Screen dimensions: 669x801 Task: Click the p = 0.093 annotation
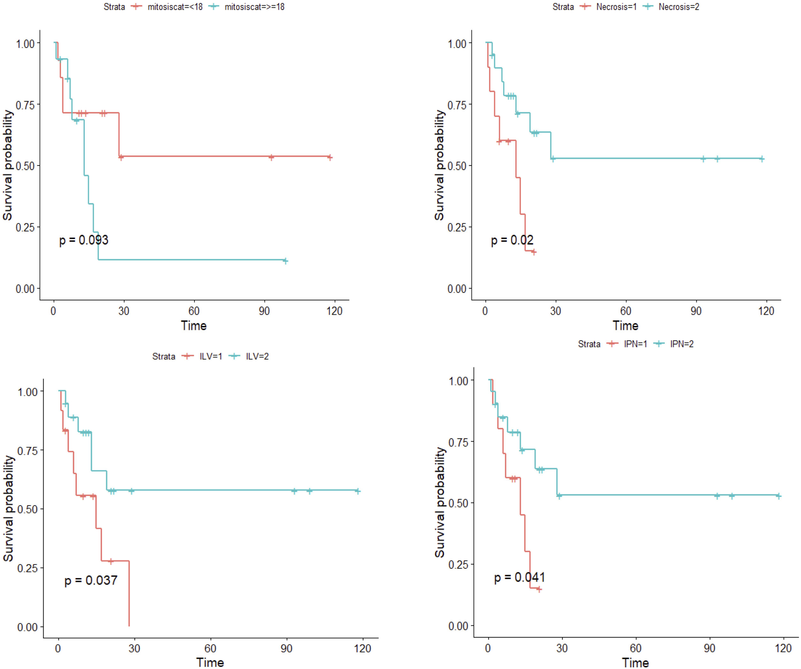coord(84,240)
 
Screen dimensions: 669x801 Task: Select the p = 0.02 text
coord(512,240)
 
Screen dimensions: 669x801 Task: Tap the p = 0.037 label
coord(91,580)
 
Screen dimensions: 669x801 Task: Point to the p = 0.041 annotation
coord(520,577)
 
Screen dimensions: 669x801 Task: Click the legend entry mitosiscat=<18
coord(175,7)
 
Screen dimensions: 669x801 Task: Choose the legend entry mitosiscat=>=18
coord(255,7)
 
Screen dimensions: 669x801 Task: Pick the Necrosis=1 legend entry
coord(616,7)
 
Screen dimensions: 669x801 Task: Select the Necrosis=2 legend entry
coord(679,7)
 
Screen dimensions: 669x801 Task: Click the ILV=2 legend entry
coord(257,356)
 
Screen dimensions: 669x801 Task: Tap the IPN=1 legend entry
coord(636,344)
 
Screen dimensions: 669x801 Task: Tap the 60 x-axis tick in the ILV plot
coord(210,649)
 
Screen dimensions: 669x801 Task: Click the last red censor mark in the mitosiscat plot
coord(330,157)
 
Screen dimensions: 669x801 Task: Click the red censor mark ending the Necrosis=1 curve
coord(534,252)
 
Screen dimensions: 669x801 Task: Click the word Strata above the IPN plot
coord(589,344)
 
